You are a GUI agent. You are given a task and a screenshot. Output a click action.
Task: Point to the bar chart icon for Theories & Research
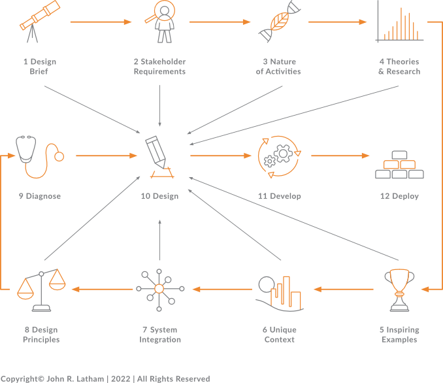click(x=399, y=23)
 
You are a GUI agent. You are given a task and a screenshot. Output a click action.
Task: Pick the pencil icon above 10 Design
click(x=159, y=157)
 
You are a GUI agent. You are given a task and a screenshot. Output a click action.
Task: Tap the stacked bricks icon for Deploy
click(x=399, y=165)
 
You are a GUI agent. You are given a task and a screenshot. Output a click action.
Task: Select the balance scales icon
click(x=41, y=288)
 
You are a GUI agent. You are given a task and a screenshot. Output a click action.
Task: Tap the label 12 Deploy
click(x=399, y=196)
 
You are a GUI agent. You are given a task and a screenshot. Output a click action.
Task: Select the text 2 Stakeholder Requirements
click(x=159, y=67)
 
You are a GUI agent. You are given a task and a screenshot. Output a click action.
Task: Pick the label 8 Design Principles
click(x=41, y=335)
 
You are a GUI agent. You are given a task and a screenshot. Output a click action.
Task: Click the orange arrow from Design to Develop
click(x=221, y=156)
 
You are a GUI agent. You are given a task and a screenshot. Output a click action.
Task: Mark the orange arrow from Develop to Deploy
click(x=340, y=156)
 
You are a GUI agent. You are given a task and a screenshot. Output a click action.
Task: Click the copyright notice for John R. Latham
click(x=105, y=378)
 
